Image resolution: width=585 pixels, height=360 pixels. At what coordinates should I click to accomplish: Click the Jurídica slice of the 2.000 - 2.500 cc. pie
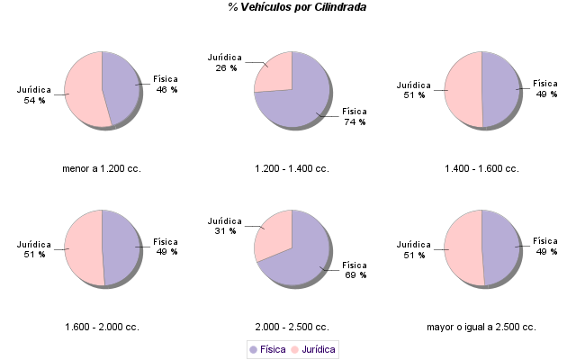[273, 232]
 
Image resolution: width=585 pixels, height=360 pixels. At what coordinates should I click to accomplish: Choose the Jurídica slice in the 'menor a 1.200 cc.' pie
[83, 90]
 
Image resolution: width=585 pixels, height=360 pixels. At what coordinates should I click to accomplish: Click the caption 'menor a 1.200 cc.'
[102, 168]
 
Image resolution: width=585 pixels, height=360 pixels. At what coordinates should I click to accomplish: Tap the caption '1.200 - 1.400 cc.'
[292, 168]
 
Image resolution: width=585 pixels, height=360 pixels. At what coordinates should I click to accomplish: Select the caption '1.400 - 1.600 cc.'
[482, 168]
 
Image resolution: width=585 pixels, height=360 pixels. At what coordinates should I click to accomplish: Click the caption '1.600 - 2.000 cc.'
[102, 327]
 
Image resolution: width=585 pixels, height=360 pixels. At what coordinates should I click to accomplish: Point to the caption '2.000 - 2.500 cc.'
[292, 327]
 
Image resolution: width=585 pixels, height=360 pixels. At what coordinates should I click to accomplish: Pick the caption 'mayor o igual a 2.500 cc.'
[481, 327]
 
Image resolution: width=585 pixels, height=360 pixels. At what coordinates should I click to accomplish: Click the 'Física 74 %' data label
[354, 117]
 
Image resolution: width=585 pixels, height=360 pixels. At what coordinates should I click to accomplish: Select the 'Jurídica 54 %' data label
[34, 94]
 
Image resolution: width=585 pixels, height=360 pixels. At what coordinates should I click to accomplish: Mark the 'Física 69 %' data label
[355, 270]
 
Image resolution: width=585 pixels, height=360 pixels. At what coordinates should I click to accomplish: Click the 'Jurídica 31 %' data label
[225, 226]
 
